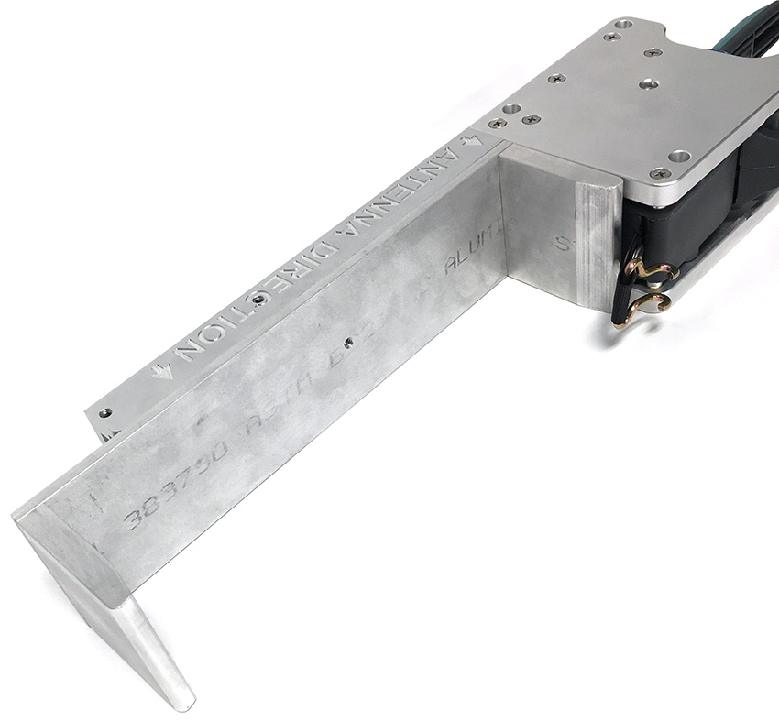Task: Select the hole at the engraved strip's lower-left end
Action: [x=106, y=413]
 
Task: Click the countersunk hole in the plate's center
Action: [x=649, y=83]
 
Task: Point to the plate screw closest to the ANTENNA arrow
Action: [x=497, y=123]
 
